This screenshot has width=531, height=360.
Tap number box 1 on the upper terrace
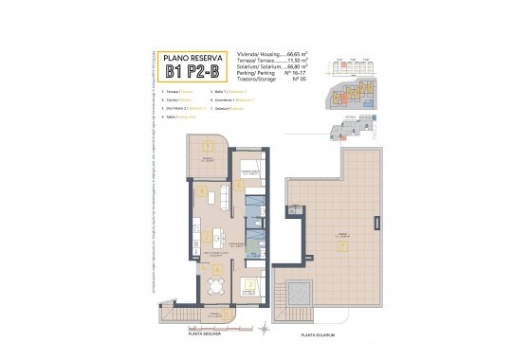206,145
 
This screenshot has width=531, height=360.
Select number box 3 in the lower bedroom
249,283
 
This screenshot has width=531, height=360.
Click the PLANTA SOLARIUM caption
320,336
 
